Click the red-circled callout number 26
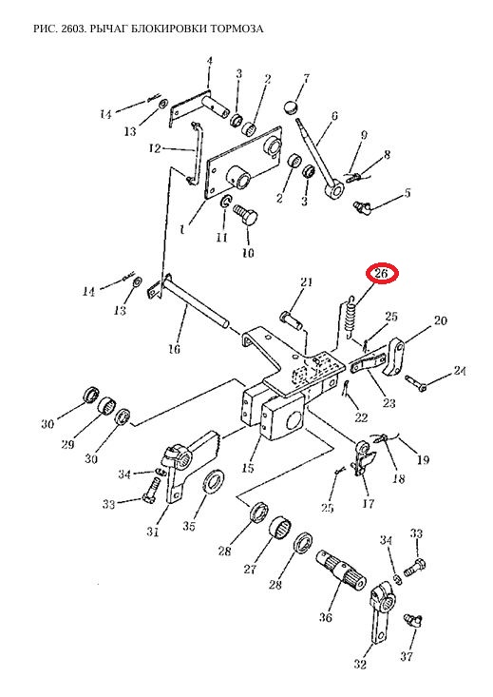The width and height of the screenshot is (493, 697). tap(381, 273)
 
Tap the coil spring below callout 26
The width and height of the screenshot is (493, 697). tap(351, 316)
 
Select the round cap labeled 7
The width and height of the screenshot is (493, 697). tap(291, 107)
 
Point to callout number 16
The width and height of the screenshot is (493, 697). tap(174, 348)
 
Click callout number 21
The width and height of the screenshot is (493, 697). tap(306, 281)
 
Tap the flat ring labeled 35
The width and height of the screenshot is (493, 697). tap(214, 480)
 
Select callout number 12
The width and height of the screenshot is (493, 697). tap(154, 148)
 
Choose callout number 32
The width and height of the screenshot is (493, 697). tap(360, 665)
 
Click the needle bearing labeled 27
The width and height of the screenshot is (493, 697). tap(280, 529)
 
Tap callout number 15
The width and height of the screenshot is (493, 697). tap(248, 468)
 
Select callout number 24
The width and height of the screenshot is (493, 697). tap(460, 370)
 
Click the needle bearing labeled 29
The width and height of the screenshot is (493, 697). tap(107, 405)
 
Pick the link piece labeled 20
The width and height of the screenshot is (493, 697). tap(394, 357)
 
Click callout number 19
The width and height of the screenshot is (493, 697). tap(424, 459)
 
